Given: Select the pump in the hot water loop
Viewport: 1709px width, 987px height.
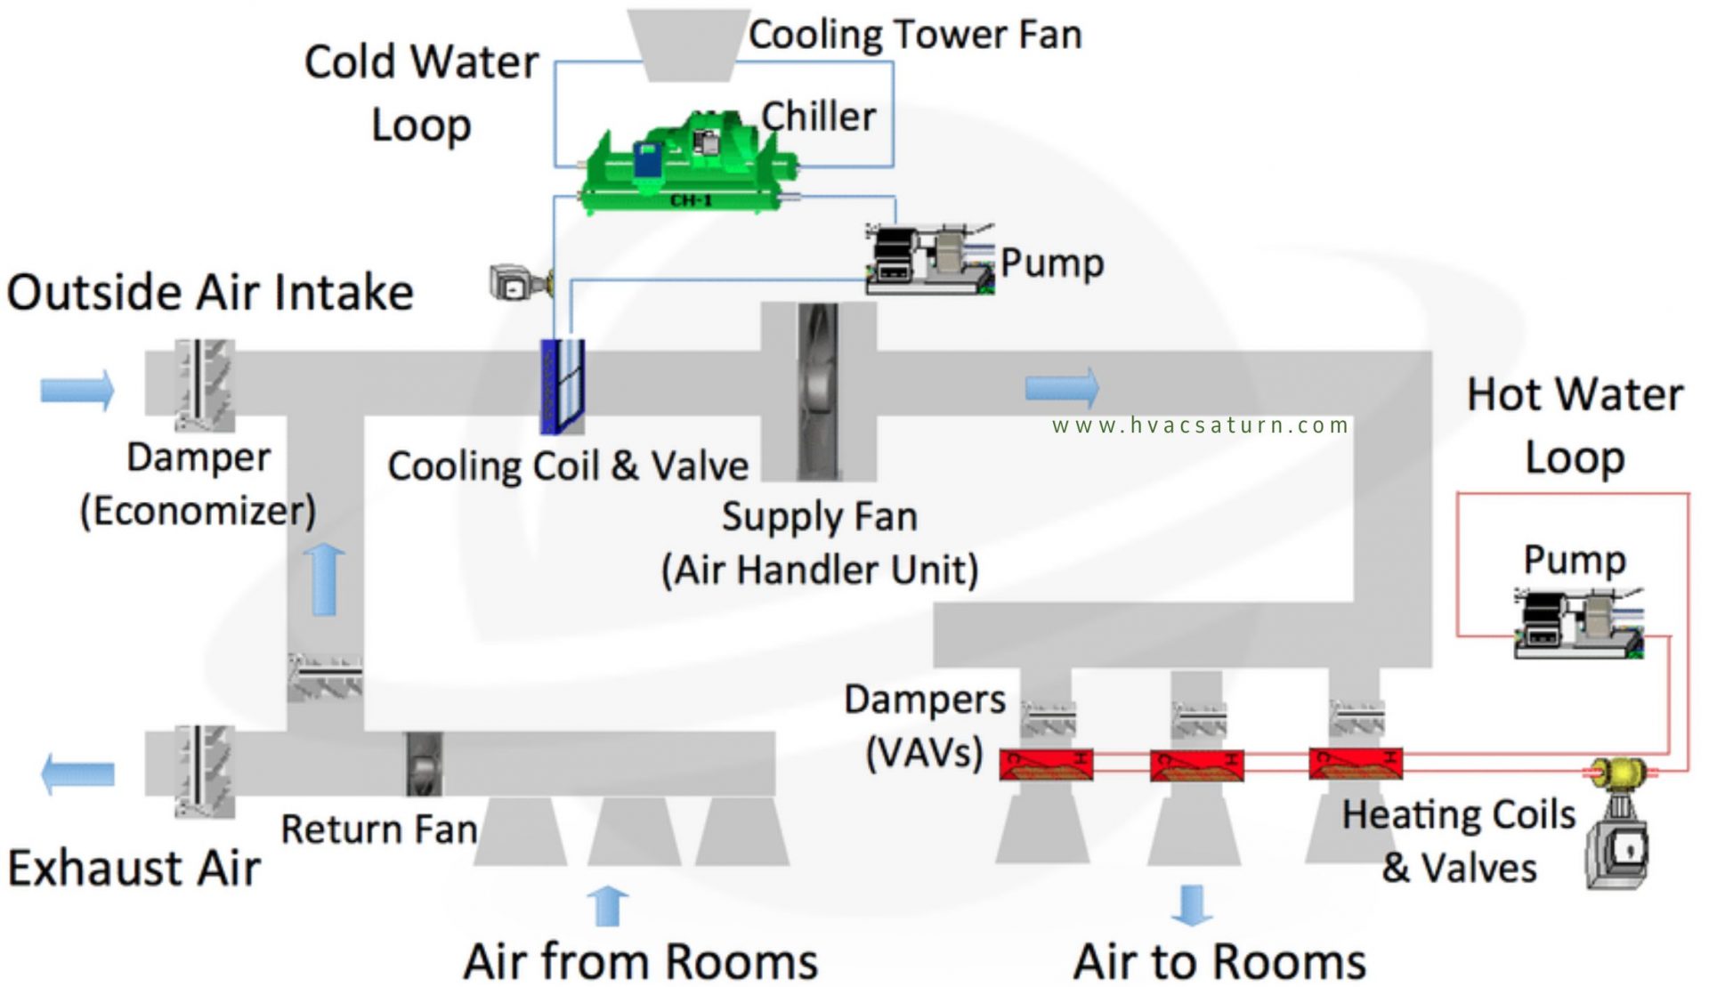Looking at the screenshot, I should pos(1578,624).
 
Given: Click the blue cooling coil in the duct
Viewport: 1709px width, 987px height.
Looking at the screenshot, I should pos(563,386).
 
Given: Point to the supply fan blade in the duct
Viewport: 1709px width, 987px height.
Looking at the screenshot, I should pos(818,392).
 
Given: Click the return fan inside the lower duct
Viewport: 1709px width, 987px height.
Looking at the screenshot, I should pos(424,764).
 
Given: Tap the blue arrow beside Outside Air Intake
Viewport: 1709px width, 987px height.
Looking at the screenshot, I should pos(77,390).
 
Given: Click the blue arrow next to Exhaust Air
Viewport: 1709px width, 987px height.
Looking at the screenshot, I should pos(78,773).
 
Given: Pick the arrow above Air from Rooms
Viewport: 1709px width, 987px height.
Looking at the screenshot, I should pos(609,906).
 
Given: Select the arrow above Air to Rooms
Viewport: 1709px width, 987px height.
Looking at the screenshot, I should pos(1192,904).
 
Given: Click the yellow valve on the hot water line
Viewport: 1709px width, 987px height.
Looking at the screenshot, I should pos(1619,772).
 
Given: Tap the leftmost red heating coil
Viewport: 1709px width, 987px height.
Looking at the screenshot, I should pos(1046,765).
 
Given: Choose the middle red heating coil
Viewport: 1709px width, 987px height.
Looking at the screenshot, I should pos(1196,765).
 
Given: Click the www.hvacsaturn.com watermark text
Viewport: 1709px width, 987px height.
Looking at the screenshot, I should pos(1200,425).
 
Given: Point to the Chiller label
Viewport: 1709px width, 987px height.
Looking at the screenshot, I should pos(818,117).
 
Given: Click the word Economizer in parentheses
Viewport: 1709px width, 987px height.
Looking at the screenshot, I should pos(198,511).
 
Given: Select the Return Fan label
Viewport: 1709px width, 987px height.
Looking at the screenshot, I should pos(379,829).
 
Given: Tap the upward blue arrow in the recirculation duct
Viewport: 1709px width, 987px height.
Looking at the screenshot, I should pos(324,579).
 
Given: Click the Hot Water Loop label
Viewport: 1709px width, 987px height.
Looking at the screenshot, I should pos(1575,425).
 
